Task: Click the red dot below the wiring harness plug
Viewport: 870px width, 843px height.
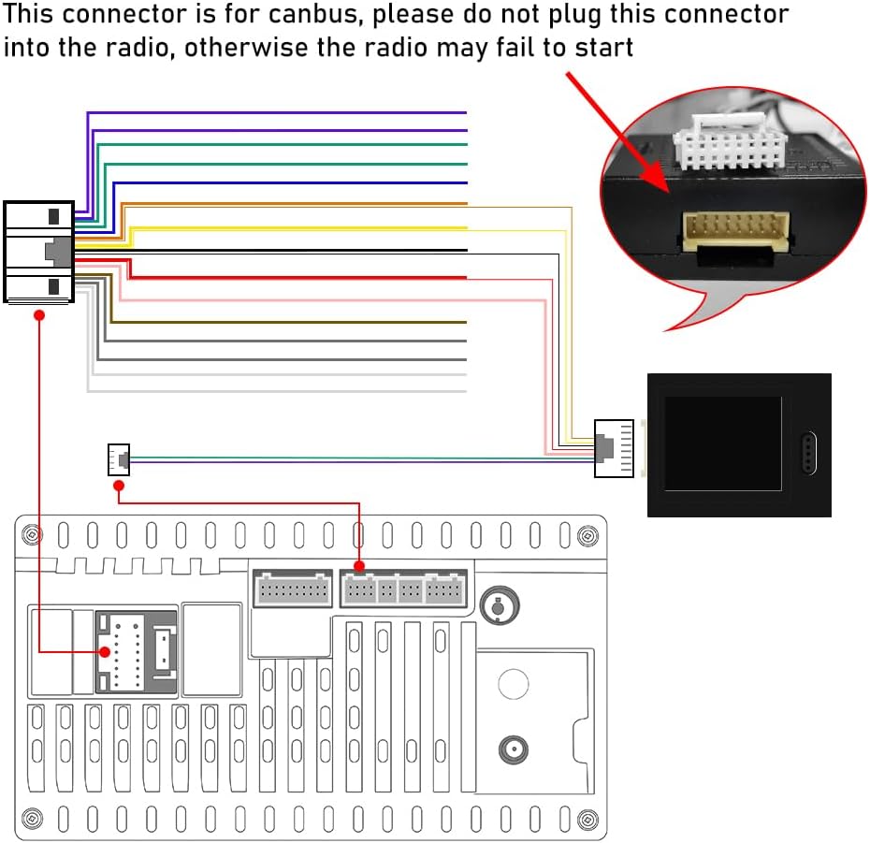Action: coord(39,315)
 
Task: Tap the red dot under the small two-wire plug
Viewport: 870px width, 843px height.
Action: coord(118,486)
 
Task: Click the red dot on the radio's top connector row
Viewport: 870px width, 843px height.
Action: coord(359,566)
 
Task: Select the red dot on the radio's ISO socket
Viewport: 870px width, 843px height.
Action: coord(105,651)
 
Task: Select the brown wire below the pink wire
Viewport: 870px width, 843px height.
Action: coord(287,322)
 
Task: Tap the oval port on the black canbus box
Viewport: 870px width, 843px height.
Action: coord(809,453)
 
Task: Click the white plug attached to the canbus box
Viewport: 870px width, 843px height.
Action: coord(614,448)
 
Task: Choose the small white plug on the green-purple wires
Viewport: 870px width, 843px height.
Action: coord(119,459)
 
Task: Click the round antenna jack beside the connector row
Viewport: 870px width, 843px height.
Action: coord(499,605)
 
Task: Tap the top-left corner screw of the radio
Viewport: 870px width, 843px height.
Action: coord(32,534)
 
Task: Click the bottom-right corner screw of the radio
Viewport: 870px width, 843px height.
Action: coord(587,820)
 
